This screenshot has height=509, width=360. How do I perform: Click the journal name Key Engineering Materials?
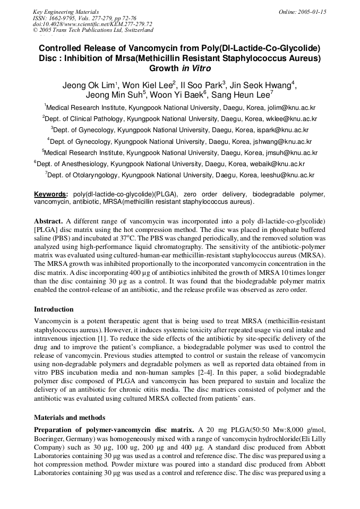pyautogui.click(x=66, y=11)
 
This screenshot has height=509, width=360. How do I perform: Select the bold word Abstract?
pyautogui.click(x=49, y=220)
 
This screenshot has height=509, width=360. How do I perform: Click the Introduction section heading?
pyautogui.click(x=54, y=309)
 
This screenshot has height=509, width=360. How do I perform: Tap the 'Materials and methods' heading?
pyautogui.click(x=70, y=418)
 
